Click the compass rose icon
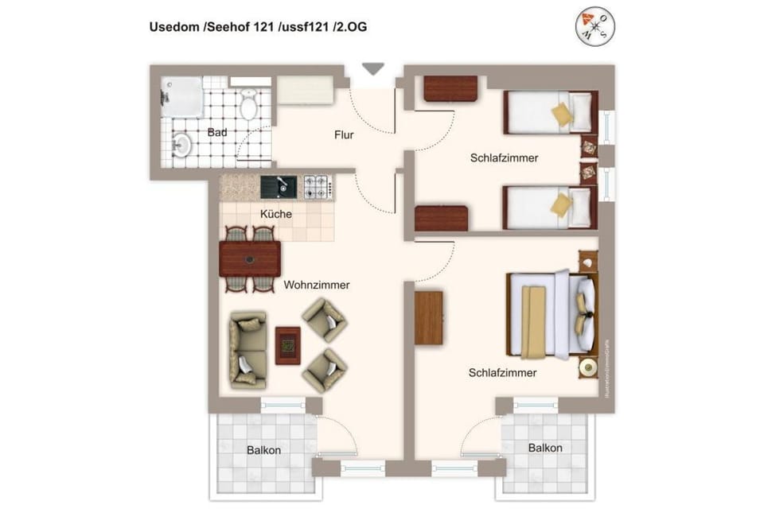[x=596, y=28]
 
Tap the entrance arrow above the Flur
[x=372, y=69]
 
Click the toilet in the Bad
[x=249, y=103]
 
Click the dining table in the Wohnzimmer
[x=250, y=258]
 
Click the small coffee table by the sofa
[x=287, y=345]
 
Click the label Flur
[x=344, y=135]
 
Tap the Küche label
[x=276, y=214]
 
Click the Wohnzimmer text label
[x=317, y=285]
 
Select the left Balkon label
[x=263, y=450]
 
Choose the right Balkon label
[x=545, y=448]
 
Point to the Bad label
[x=217, y=132]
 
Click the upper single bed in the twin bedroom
[x=550, y=112]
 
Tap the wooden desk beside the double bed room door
[x=428, y=317]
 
